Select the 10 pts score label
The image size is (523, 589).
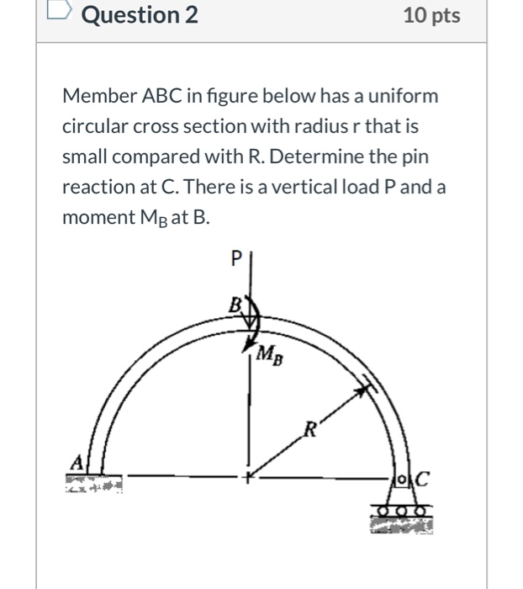coord(431,15)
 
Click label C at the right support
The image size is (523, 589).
coord(422,480)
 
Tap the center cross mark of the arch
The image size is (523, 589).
coord(248,476)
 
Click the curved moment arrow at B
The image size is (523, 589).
coord(253,328)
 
